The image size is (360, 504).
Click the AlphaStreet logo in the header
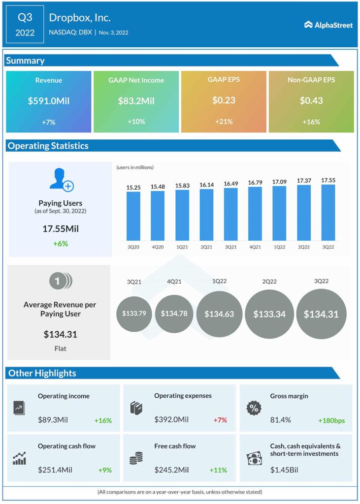point(328,25)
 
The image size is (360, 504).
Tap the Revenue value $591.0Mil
point(48,101)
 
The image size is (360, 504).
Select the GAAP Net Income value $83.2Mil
point(136,101)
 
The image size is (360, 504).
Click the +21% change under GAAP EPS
point(224,122)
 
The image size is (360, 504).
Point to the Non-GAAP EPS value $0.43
point(311,101)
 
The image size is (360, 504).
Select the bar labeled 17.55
point(328,212)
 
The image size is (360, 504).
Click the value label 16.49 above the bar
point(230,184)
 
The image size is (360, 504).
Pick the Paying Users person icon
point(61,180)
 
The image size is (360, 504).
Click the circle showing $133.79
point(134,314)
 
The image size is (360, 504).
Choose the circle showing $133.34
point(269,314)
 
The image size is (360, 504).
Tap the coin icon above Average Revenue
point(60,281)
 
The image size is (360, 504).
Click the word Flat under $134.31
point(60,348)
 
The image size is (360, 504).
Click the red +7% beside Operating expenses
point(220,420)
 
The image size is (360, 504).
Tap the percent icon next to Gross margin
point(254,408)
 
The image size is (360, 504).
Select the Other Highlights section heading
point(42,373)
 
